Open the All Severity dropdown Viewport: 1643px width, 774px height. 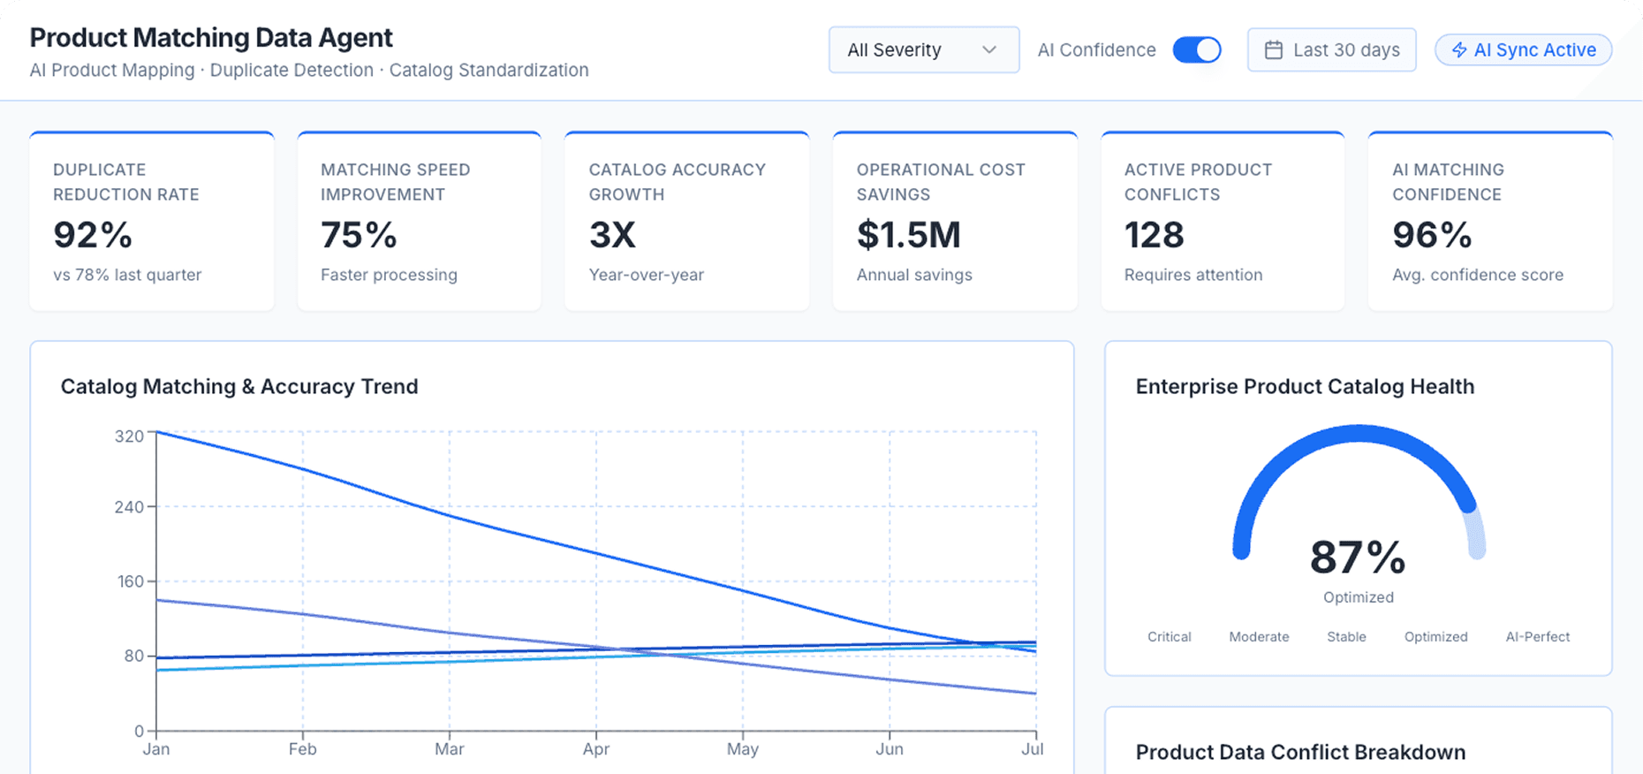coord(923,50)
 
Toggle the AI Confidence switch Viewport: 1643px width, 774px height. coord(1197,50)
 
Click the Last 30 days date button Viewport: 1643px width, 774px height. coord(1332,50)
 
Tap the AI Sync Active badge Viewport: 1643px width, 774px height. coord(1524,50)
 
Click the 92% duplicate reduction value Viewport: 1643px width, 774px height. coord(93,235)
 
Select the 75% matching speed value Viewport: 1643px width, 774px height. coord(359,235)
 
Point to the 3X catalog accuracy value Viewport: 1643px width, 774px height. coord(612,235)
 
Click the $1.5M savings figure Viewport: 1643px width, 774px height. coord(909,235)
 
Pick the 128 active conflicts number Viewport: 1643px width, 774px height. coord(1155,235)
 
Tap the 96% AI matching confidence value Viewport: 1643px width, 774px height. coord(1432,235)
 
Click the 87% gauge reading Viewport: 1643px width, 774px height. coord(1358,558)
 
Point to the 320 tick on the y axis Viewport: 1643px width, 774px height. coord(129,436)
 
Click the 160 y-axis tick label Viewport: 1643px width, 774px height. coord(129,581)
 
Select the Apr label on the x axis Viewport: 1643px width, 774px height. coord(596,749)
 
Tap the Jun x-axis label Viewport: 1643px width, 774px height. coord(890,749)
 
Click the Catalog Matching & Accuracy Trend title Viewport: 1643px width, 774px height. coord(239,387)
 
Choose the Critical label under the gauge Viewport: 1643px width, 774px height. coord(1170,637)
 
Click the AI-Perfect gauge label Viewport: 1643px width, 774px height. coord(1537,637)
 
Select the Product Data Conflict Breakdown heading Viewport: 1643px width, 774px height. coord(1300,753)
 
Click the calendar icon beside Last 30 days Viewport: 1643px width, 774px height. coord(1274,50)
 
